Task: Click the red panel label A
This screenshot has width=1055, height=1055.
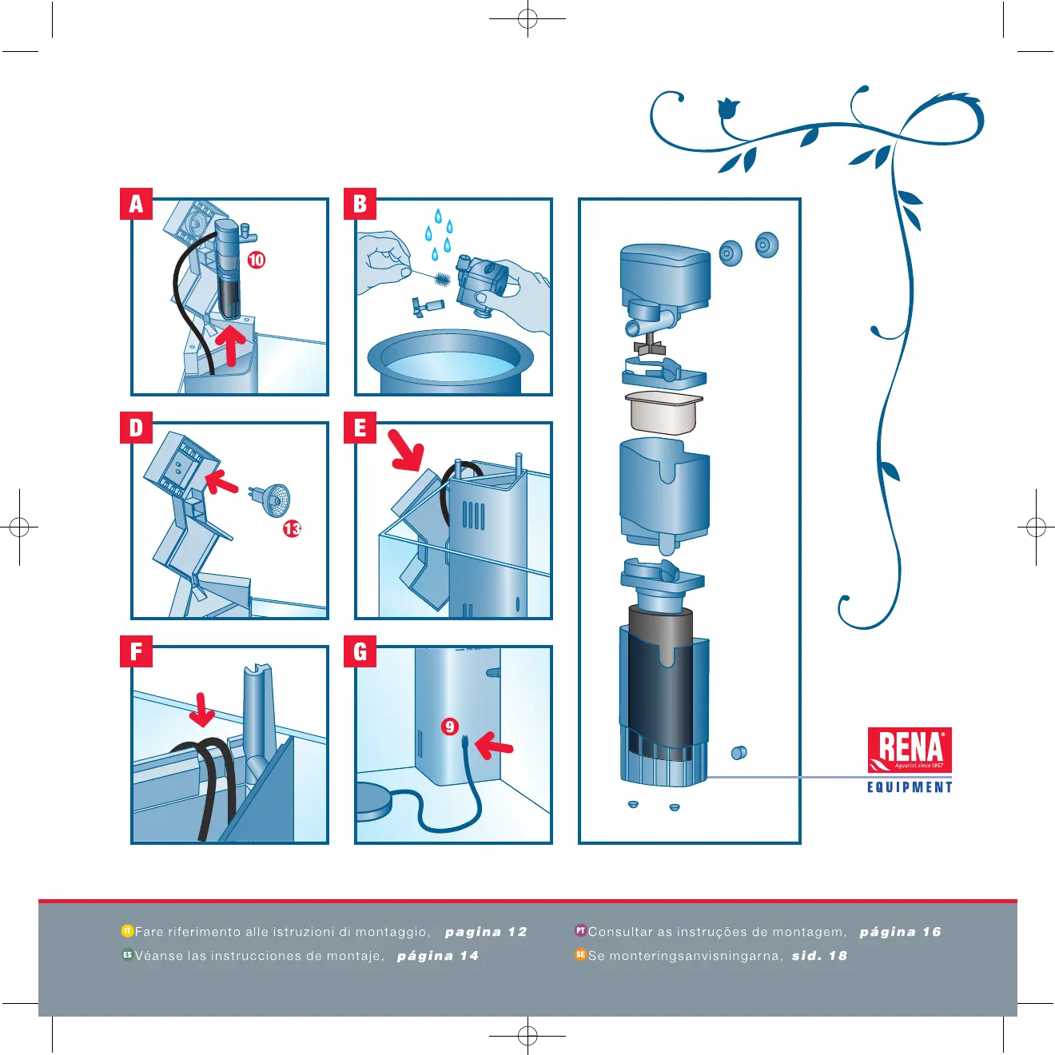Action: [x=136, y=204]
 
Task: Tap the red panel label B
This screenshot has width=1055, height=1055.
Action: [x=360, y=204]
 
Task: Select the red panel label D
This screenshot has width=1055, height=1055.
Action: [x=136, y=428]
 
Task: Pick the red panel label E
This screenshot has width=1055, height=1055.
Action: [x=360, y=428]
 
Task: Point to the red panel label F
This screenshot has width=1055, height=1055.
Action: [x=136, y=651]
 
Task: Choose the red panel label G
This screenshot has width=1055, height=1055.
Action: [x=360, y=651]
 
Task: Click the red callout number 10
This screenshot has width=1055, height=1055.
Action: [x=257, y=260]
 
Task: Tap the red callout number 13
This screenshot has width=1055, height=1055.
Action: [x=292, y=529]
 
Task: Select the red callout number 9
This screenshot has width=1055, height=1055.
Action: [x=449, y=727]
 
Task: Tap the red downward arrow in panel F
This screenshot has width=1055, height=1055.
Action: [x=202, y=711]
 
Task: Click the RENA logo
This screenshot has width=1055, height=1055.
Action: [x=910, y=750]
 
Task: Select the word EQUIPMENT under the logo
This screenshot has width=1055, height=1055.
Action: [x=910, y=787]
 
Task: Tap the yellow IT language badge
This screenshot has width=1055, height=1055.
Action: [x=127, y=930]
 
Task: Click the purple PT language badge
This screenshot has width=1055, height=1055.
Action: [x=580, y=930]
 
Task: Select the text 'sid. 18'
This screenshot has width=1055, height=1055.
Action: [x=819, y=956]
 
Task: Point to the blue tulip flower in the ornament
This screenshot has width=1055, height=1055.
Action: [x=728, y=108]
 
